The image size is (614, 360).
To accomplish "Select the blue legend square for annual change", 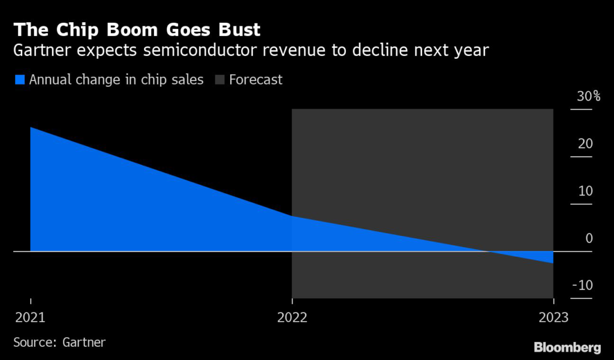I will click(x=19, y=79).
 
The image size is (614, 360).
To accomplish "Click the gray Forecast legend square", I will click(x=219, y=79).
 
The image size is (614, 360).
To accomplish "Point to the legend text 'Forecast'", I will click(x=255, y=79).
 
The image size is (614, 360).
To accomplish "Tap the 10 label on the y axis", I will click(x=585, y=191).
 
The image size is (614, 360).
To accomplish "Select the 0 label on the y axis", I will click(x=588, y=238).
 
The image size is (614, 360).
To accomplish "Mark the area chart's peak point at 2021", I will click(x=31, y=127).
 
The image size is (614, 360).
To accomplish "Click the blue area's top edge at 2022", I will click(x=292, y=216).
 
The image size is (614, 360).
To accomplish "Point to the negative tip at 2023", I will click(x=552, y=263).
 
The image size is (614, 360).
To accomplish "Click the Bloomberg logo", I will click(x=567, y=347).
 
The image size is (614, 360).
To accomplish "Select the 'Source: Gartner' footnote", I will click(x=59, y=342).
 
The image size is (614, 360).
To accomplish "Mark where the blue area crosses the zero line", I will click(x=490, y=251).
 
